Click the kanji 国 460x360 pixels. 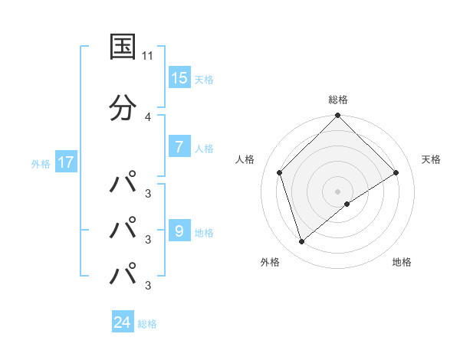123,47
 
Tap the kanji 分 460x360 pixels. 123,108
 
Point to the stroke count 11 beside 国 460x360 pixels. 148,56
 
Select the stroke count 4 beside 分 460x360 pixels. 148,117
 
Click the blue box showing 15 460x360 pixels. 179,77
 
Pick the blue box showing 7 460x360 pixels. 179,147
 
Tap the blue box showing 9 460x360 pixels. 179,231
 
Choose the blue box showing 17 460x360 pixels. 65,162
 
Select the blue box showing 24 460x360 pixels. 123,322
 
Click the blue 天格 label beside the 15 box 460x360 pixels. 203,79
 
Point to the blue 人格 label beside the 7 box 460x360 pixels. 203,149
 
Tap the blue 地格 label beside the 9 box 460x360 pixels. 203,232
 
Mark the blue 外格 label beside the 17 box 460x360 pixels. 41,163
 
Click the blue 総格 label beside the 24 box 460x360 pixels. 147,324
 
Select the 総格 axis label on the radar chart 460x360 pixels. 337,100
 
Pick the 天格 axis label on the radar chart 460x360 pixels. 431,159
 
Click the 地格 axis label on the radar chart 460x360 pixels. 402,263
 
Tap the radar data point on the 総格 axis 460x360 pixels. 337,116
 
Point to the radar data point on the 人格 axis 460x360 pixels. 280,172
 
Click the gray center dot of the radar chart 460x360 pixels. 337,191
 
